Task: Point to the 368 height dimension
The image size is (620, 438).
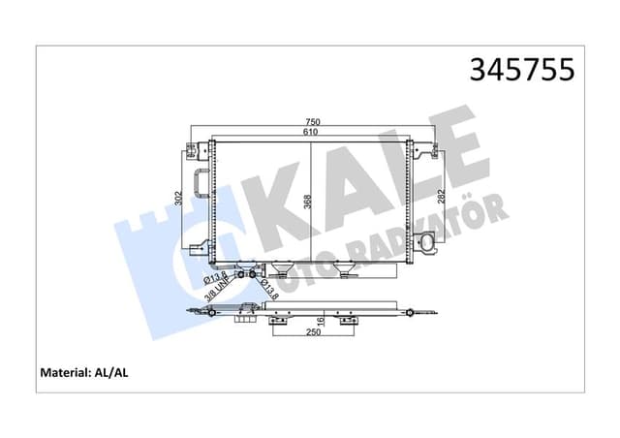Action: [306, 201]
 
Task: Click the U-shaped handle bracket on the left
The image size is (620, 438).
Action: [201, 183]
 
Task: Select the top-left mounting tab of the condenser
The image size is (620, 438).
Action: [191, 149]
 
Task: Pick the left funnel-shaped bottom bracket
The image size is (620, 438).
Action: [285, 268]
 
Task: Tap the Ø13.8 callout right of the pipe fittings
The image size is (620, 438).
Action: [268, 288]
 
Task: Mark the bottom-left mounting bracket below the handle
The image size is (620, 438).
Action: [198, 249]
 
